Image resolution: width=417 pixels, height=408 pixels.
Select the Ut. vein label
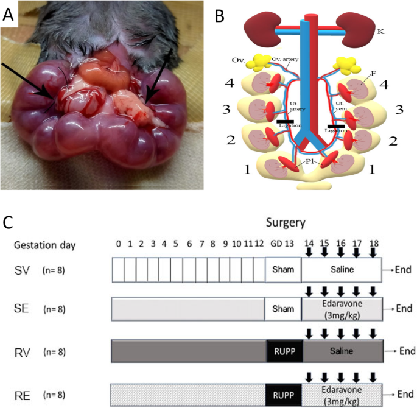tap(341, 107)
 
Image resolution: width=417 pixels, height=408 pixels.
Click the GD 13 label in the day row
tap(283, 245)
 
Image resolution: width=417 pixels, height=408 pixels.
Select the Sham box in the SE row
tap(283, 309)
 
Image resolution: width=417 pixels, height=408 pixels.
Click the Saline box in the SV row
tap(342, 269)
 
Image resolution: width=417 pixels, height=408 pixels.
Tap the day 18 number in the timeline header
tap(372, 245)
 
